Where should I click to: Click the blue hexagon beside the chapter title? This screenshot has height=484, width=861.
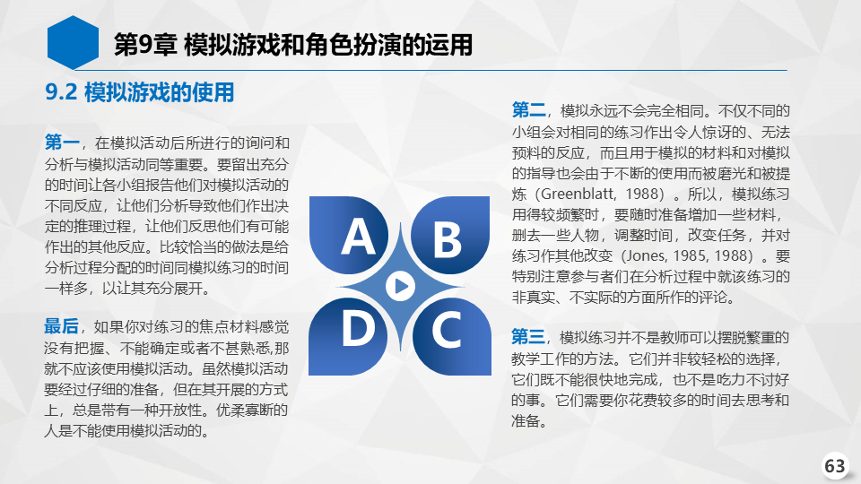pos(73,42)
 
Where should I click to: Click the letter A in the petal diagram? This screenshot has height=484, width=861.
pos(359,237)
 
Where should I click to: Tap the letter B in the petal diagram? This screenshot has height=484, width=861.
pos(447,239)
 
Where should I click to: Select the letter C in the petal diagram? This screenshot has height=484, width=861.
pos(446,329)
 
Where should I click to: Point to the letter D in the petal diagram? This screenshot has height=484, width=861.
pos(358,328)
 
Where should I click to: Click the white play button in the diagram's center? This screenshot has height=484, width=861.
pos(400,286)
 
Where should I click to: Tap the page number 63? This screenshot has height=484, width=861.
pos(835,466)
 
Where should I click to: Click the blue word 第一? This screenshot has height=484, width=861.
pos(62,143)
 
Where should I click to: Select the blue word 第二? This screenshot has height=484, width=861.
pos(529,110)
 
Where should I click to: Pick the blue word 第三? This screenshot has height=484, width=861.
pos(528,337)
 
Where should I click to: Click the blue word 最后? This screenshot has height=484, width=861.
pos(62,326)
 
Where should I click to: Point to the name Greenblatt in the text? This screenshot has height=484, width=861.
pos(577,194)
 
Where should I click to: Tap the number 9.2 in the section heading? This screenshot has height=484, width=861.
pos(61,92)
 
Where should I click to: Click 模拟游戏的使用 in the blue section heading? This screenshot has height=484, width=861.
pos(160,92)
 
